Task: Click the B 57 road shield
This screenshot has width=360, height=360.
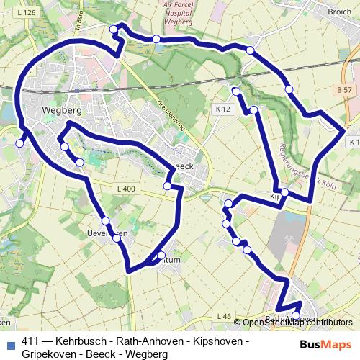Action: click(x=345, y=89)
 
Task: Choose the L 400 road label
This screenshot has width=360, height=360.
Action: click(x=125, y=189)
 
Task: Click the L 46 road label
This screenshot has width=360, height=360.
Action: click(x=224, y=316)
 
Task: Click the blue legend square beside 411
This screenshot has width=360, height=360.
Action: click(x=11, y=342)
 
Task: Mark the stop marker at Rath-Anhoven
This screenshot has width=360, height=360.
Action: click(x=295, y=315)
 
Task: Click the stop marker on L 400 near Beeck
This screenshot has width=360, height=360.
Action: click(x=167, y=186)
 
